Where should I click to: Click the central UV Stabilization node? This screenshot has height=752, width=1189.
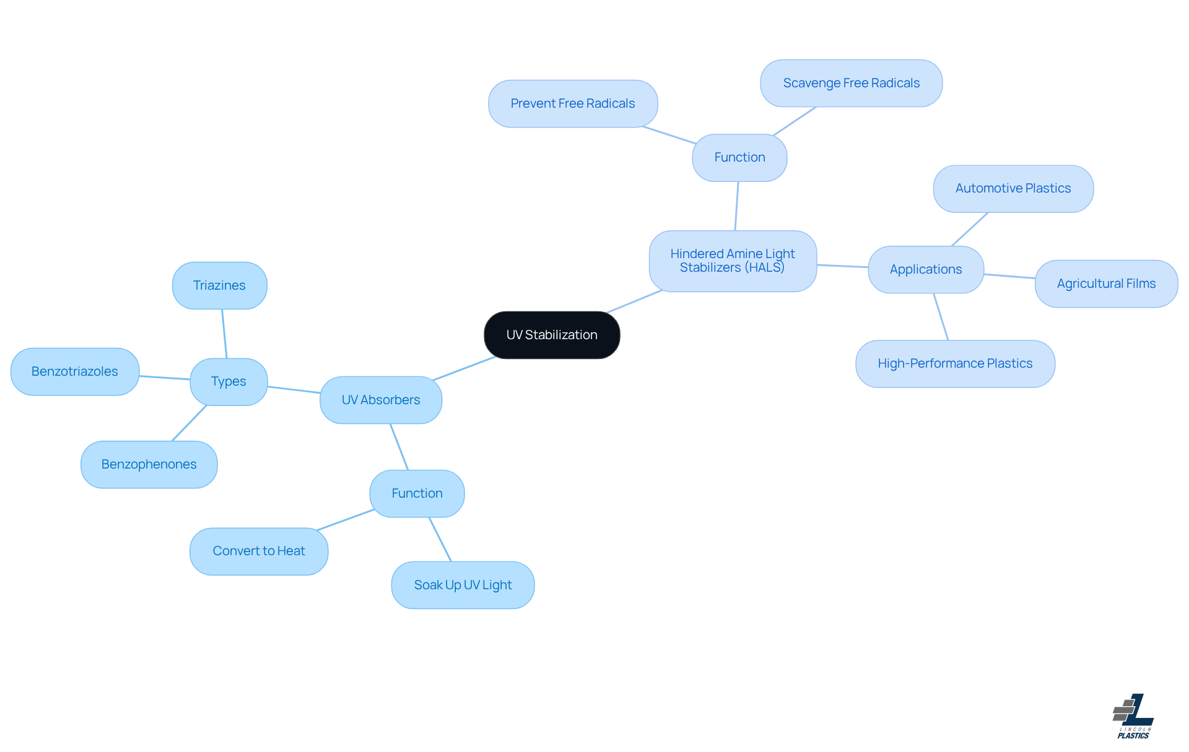click(x=552, y=335)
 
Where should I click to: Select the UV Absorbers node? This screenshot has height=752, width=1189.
click(x=381, y=400)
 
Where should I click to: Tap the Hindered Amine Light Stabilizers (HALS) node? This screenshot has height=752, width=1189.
click(x=733, y=261)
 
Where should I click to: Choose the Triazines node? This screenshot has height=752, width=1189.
click(x=219, y=285)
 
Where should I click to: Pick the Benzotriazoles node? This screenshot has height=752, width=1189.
click(x=75, y=371)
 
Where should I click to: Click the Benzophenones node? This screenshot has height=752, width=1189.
click(x=149, y=464)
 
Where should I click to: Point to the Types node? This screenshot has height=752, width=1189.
click(x=229, y=381)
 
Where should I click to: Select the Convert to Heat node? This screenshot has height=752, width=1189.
click(x=259, y=551)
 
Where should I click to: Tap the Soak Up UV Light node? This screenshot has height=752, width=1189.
click(x=463, y=585)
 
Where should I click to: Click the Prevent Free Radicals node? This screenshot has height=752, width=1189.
click(x=573, y=103)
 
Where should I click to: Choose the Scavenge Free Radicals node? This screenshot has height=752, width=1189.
click(x=851, y=83)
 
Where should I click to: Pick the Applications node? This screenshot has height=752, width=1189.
click(x=926, y=269)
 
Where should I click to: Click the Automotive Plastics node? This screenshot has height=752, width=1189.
click(x=1013, y=188)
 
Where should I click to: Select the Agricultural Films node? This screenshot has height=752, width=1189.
click(x=1106, y=283)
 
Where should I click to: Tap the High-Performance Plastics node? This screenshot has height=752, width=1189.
click(x=955, y=363)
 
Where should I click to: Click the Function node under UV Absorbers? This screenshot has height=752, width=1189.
click(x=417, y=493)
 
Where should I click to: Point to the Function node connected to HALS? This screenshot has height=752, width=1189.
click(x=739, y=157)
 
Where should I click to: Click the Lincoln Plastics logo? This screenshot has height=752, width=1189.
click(x=1133, y=717)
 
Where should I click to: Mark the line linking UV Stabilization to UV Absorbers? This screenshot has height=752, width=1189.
click(x=464, y=368)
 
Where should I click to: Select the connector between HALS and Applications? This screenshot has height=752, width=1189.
click(x=842, y=266)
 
